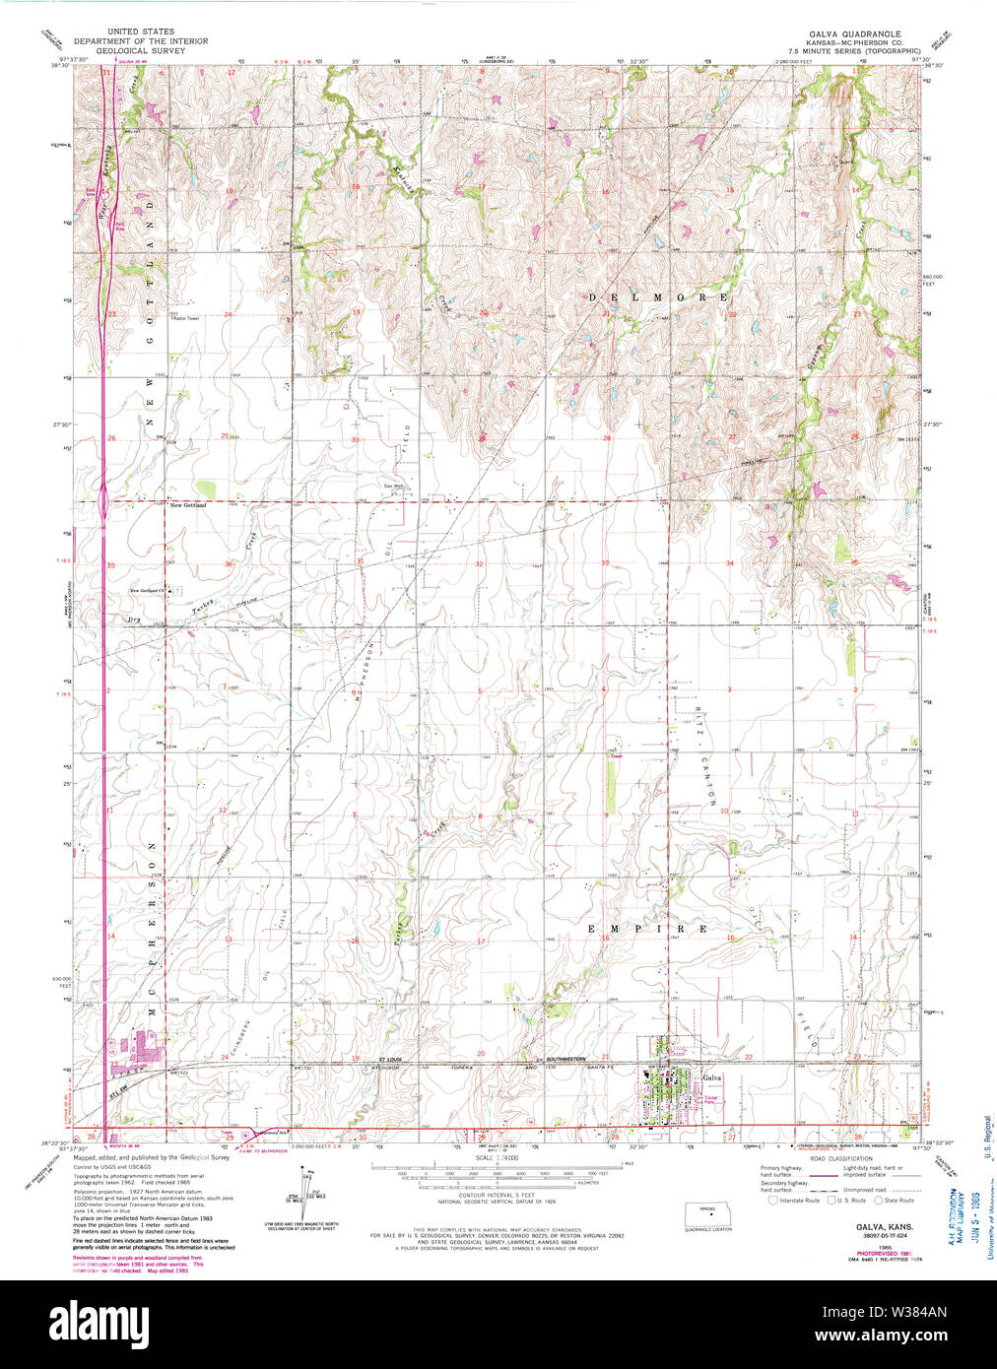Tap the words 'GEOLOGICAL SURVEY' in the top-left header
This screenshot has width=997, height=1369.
tap(141, 50)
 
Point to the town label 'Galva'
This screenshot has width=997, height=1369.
tap(711, 1077)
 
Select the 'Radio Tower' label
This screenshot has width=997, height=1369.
tap(185, 318)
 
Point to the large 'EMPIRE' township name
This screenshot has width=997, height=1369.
tap(647, 929)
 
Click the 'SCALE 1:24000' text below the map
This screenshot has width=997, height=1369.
tap(497, 1157)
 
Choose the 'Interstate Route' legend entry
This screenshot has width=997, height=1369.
tap(798, 1200)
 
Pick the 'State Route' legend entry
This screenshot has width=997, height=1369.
tap(897, 1200)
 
